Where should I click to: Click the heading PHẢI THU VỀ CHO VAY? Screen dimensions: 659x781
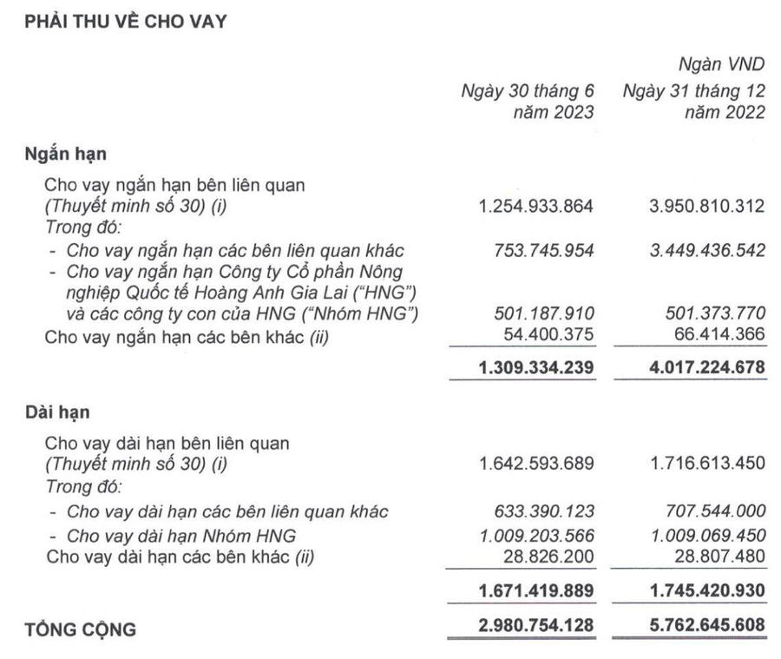coord(126,22)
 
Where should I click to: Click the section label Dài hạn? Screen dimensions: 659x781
coord(57,412)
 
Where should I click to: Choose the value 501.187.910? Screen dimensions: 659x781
coord(543,313)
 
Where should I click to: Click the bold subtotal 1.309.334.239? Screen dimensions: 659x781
coord(535,367)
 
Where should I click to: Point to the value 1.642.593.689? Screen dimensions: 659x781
coord(536,465)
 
